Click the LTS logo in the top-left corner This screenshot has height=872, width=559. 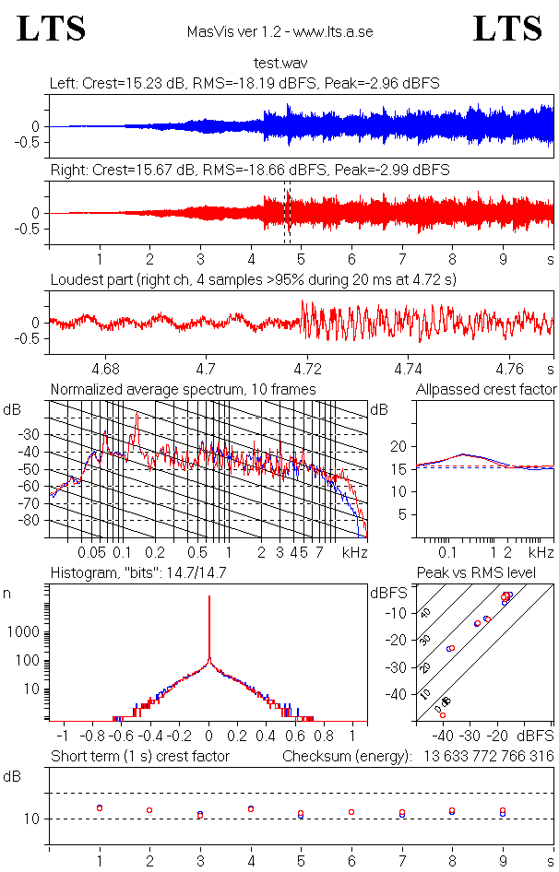(52, 29)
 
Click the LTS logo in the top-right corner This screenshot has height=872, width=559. (507, 29)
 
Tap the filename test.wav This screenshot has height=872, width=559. (279, 64)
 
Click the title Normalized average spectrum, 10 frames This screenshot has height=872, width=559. (183, 390)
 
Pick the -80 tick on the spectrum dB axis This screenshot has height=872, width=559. (35, 521)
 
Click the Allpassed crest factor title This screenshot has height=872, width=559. (485, 390)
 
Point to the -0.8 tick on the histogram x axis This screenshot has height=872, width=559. (92, 737)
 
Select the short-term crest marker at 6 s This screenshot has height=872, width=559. (351, 812)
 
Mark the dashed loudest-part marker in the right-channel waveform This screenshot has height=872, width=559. (287, 213)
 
